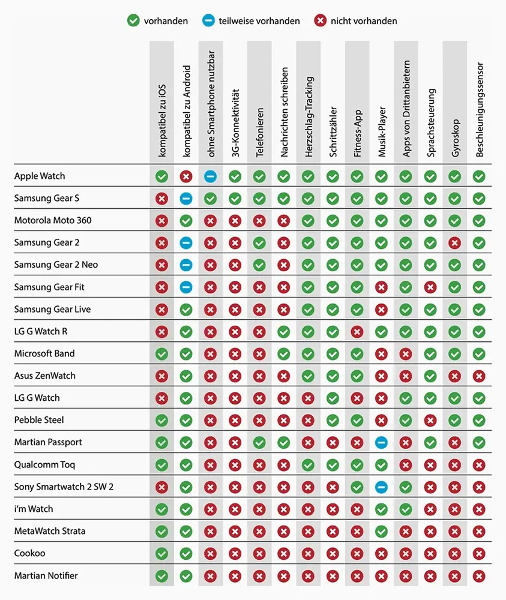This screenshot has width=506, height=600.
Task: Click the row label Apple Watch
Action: pos(40,176)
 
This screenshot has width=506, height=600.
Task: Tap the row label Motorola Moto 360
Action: pos(53,220)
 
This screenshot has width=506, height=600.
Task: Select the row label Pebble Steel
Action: pos(39,420)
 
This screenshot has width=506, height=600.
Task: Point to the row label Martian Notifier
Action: pos(46,575)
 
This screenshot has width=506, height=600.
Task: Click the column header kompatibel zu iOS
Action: pos(162,121)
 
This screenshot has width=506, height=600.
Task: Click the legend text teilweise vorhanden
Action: pos(261,21)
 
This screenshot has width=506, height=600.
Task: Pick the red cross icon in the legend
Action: pos(320,21)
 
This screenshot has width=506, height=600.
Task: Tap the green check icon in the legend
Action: pos(133,21)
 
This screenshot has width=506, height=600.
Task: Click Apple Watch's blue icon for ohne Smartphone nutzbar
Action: pos(210,176)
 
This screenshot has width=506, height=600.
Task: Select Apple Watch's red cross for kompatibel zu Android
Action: pos(186,176)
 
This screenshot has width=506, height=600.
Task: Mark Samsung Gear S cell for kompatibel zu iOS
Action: pos(161,199)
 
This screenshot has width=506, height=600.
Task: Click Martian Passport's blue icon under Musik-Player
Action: pos(381,442)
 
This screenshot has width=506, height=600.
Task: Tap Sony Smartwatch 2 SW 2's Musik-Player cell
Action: pos(381,487)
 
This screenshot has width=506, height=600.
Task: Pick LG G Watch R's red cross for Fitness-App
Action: pos(357,331)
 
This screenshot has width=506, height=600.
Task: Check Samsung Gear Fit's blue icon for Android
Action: pos(186,287)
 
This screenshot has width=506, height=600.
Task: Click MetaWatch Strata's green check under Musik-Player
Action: pos(381,531)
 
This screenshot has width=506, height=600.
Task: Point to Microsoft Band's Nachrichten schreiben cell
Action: pos(284,353)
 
